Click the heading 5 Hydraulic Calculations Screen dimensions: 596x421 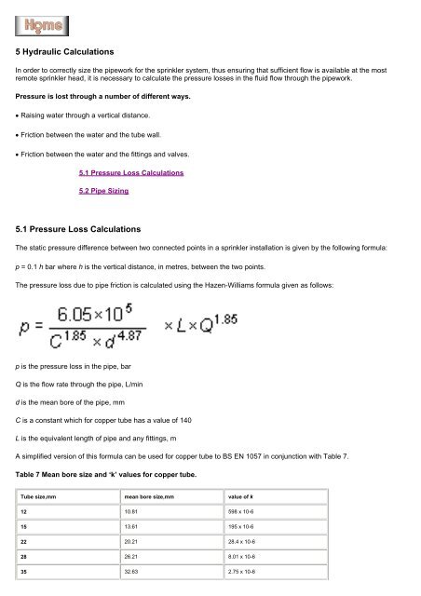point(76,54)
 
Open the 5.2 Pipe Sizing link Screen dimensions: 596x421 point(103,191)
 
